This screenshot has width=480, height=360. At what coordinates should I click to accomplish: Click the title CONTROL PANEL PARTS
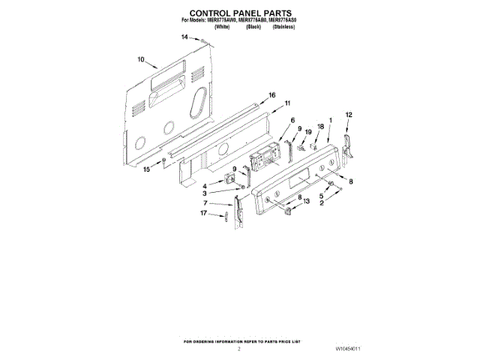pyautogui.click(x=239, y=13)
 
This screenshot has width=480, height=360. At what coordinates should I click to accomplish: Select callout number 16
pyautogui.click(x=272, y=95)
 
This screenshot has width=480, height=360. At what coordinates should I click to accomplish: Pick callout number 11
pyautogui.click(x=287, y=103)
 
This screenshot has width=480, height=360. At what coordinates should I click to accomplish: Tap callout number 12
pyautogui.click(x=348, y=114)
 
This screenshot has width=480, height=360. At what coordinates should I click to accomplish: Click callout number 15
pyautogui.click(x=147, y=170)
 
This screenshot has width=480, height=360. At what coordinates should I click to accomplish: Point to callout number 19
pyautogui.click(x=308, y=132)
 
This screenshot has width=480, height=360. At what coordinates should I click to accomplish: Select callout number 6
pyautogui.click(x=292, y=120)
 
